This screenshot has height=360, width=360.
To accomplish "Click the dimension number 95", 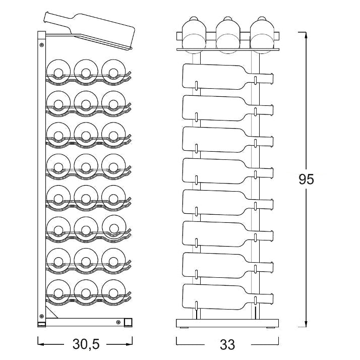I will point(306,179).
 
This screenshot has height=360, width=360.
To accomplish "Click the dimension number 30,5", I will point(86,344).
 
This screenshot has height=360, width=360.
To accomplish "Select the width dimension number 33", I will point(227,344).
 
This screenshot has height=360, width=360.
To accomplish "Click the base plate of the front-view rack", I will point(227,323).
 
